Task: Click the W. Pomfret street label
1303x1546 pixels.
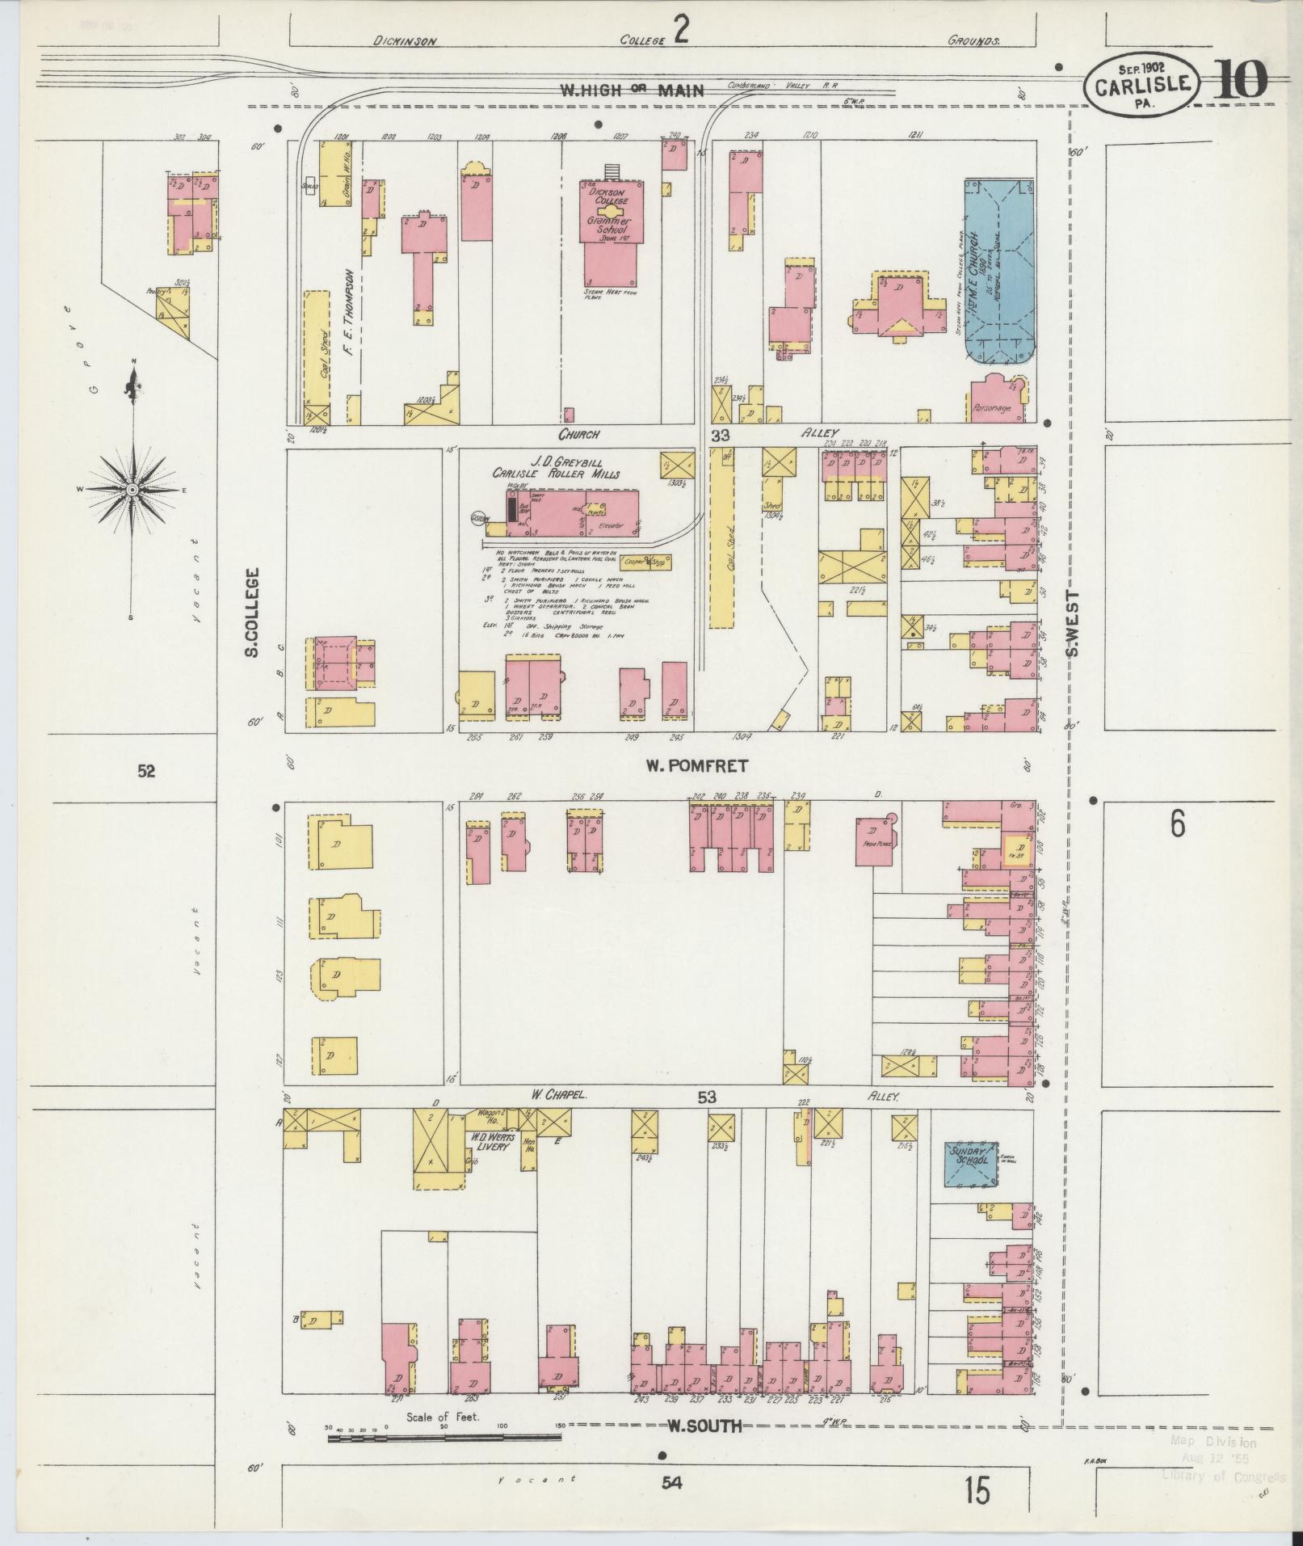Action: pyautogui.click(x=697, y=765)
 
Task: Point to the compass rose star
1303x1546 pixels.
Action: pyautogui.click(x=131, y=490)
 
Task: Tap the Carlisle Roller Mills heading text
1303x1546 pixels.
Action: pyautogui.click(x=557, y=474)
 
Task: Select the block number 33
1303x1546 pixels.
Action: pyautogui.click(x=720, y=435)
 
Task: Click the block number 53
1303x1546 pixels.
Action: pyautogui.click(x=707, y=1097)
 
